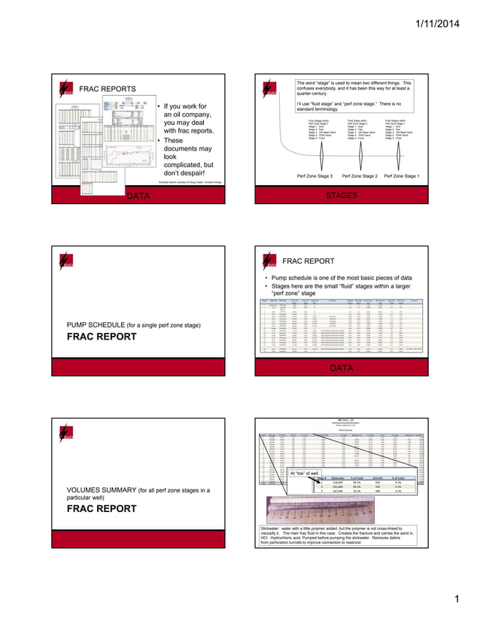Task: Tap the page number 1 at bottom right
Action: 455,599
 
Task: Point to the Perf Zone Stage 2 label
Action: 362,175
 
